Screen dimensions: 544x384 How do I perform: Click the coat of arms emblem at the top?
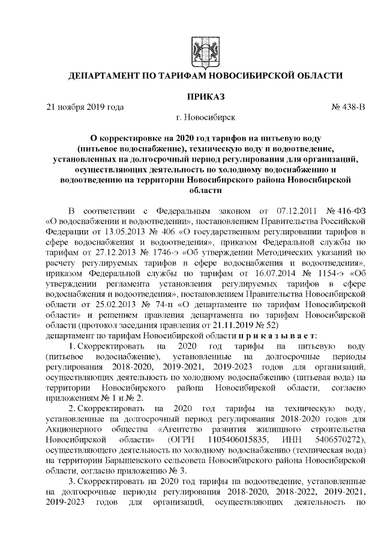click(x=199, y=47)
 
